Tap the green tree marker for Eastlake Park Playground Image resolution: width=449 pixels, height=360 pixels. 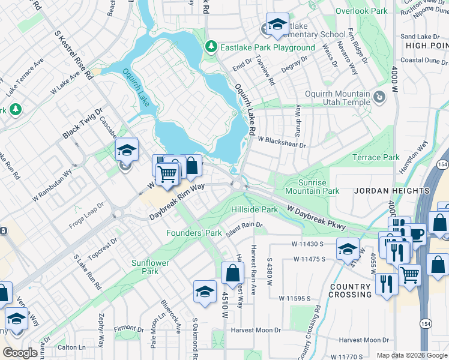pyautogui.click(x=211, y=47)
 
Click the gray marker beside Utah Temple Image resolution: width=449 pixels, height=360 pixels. pyautogui.click(x=379, y=97)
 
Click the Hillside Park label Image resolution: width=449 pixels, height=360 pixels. pyautogui.click(x=255, y=209)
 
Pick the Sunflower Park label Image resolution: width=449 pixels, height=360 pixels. pyautogui.click(x=150, y=267)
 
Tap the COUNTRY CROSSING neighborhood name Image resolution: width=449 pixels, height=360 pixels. pyautogui.click(x=350, y=290)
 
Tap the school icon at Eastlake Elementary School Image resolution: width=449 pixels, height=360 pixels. pyautogui.click(x=277, y=24)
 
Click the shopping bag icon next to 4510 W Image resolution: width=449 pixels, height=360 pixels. pyautogui.click(x=232, y=273)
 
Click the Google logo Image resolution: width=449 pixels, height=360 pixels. pyautogui.click(x=20, y=352)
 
